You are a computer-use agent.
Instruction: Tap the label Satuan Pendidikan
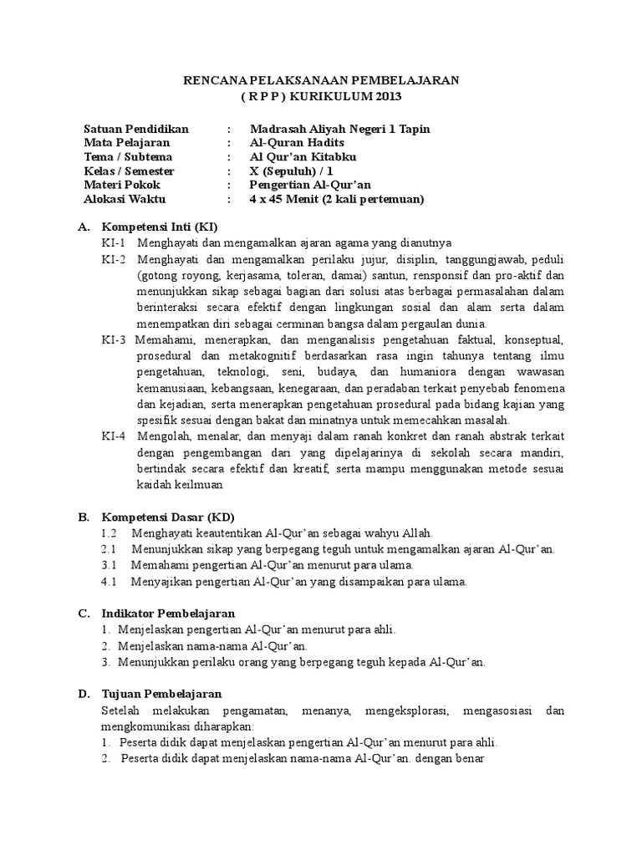pos(137,129)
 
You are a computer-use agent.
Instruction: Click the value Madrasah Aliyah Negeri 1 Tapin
pos(340,129)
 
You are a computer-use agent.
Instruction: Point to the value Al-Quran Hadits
pos(297,143)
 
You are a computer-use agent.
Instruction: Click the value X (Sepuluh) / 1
pos(298,171)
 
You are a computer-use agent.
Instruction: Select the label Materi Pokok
pos(122,185)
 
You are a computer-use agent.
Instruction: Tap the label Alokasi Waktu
pos(125,199)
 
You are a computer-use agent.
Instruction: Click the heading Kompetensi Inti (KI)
pos(160,227)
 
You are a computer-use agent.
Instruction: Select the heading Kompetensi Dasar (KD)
pos(164,516)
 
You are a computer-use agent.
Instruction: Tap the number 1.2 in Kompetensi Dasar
pos(109,532)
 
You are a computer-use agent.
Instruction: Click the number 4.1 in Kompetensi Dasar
pos(109,581)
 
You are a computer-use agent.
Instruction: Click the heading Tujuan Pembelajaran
pos(161,694)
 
